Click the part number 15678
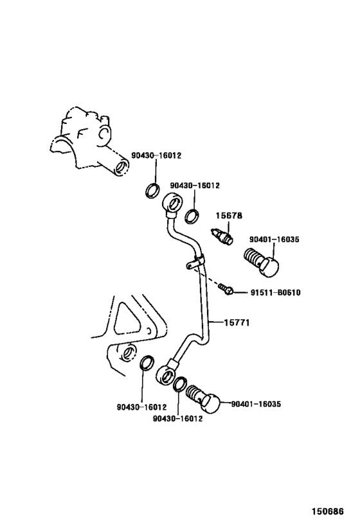(x=229, y=216)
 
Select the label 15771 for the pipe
(x=237, y=322)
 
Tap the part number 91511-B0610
(x=276, y=293)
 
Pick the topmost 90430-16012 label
(x=156, y=155)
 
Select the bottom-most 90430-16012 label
(x=177, y=419)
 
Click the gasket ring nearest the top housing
(x=153, y=190)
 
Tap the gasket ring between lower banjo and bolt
(x=179, y=383)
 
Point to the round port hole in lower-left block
(x=128, y=352)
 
